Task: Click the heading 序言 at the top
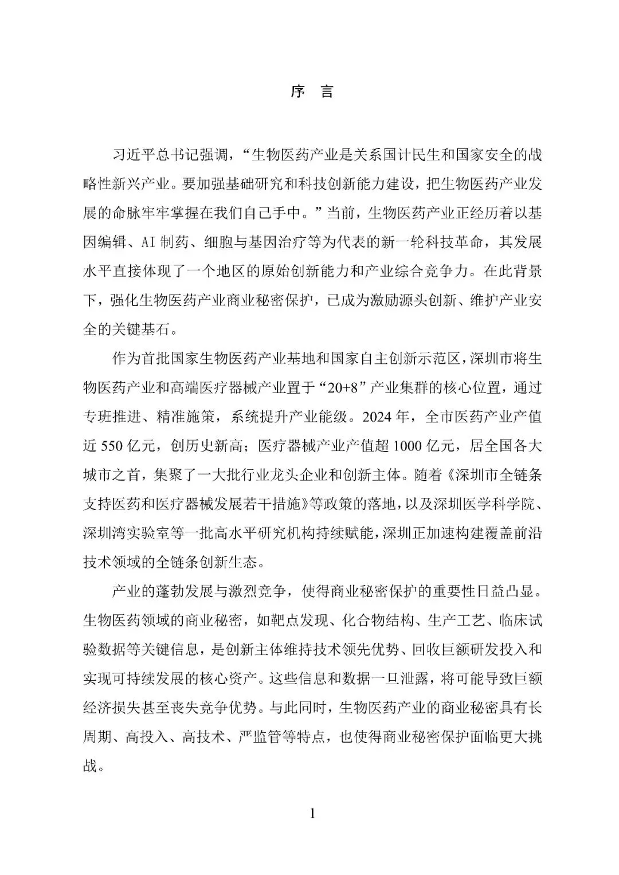point(311,92)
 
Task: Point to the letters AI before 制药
point(147,242)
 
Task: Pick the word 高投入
point(152,737)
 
